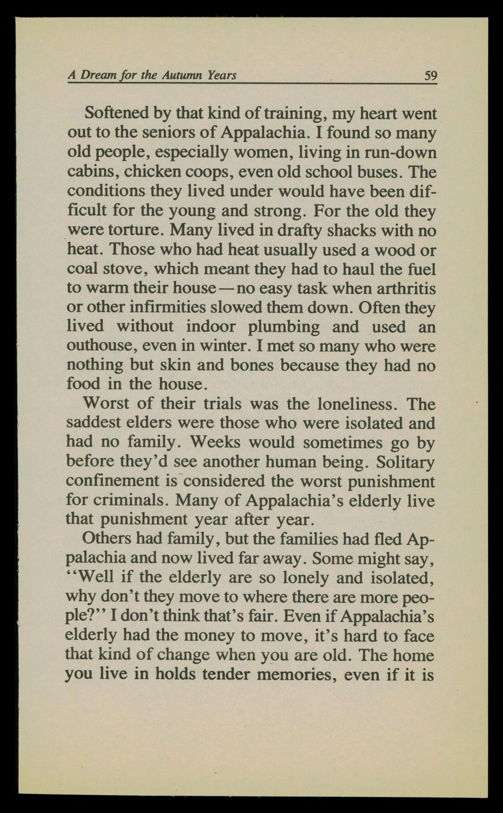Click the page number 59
(x=430, y=75)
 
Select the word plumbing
(x=284, y=327)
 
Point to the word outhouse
(x=100, y=346)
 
